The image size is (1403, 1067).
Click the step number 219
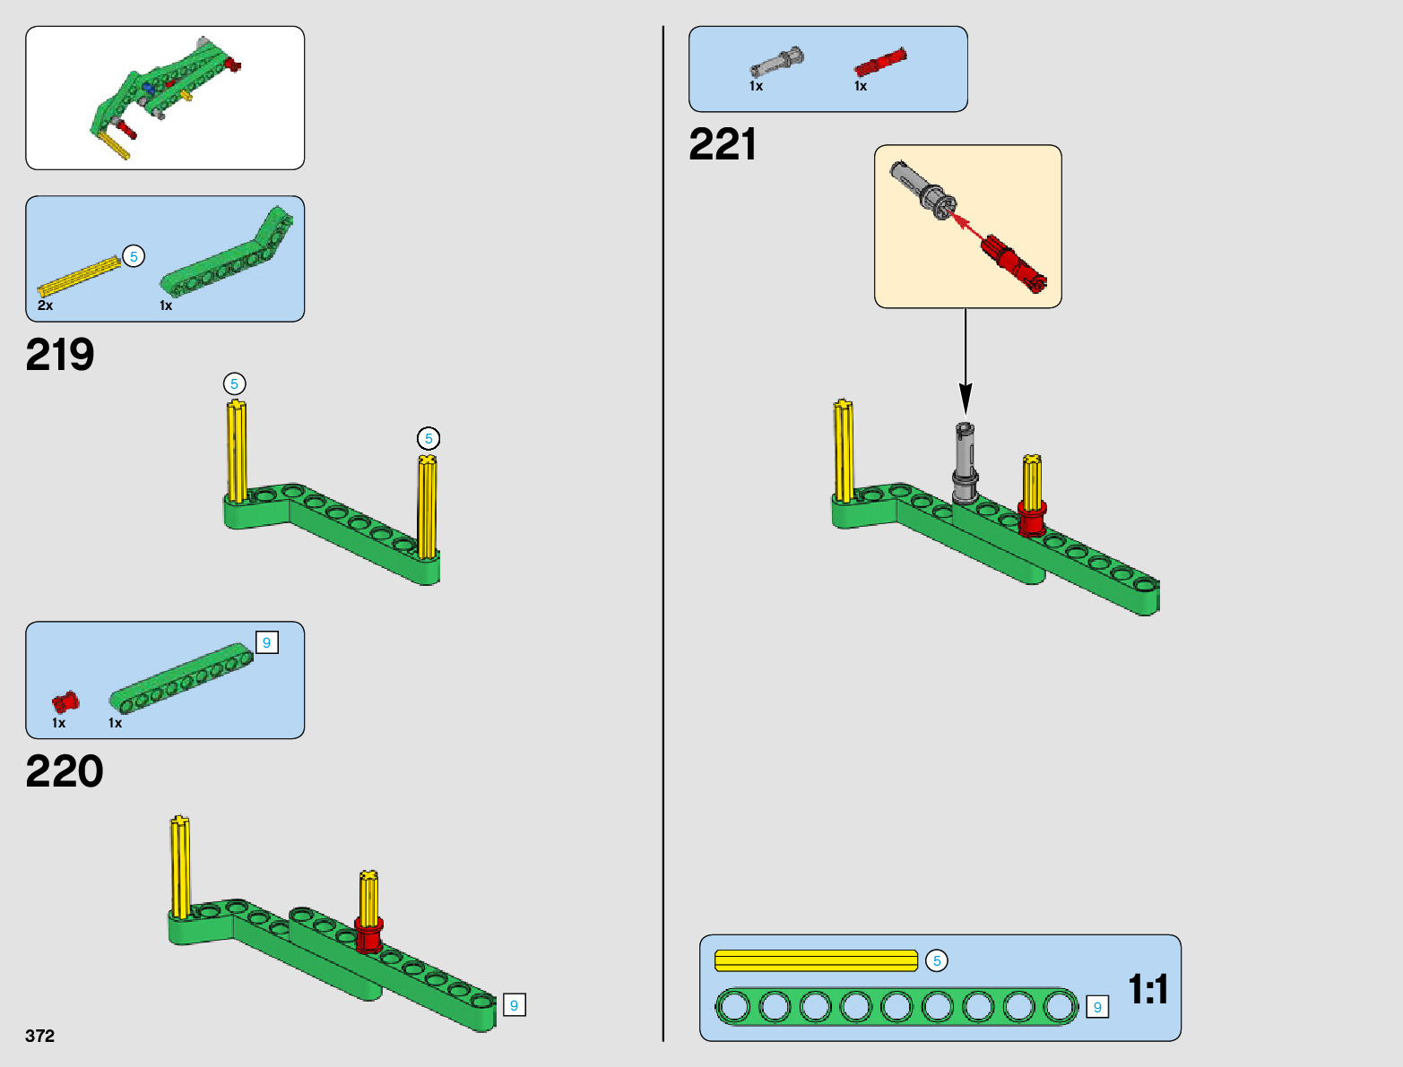[x=60, y=355]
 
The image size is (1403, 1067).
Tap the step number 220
[x=65, y=771]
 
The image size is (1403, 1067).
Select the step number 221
[x=723, y=144]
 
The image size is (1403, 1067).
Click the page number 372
[x=40, y=1036]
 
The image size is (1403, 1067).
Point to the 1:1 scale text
[x=1148, y=990]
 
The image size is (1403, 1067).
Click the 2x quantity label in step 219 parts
[x=46, y=305]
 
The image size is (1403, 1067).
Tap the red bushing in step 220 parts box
[x=65, y=701]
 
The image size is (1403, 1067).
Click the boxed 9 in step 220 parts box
[x=266, y=643]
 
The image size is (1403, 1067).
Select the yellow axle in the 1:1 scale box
[x=816, y=960]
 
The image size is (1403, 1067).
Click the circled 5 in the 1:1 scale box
[x=937, y=960]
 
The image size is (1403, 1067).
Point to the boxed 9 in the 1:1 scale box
[x=1097, y=1007]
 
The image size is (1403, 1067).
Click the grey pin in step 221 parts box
[x=776, y=63]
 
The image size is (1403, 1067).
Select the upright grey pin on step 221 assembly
[x=965, y=461]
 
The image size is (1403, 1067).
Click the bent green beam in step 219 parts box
[x=229, y=261]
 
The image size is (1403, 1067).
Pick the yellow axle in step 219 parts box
[x=79, y=277]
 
